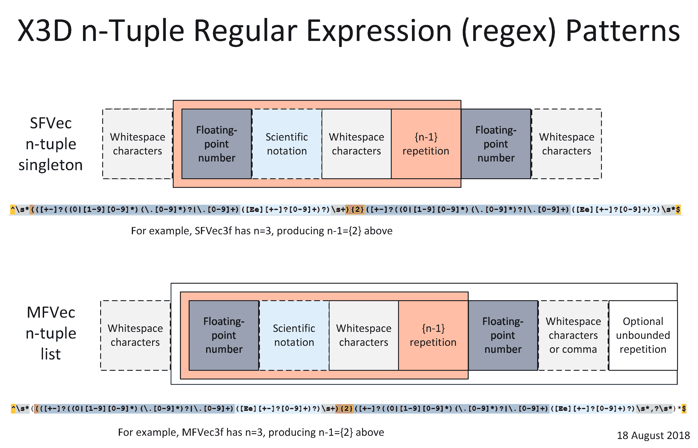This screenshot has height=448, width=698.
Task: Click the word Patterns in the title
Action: [623, 30]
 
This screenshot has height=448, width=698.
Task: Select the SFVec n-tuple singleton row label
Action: [51, 144]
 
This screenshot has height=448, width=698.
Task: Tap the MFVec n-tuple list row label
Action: [51, 333]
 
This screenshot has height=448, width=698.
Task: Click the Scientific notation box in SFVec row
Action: [287, 144]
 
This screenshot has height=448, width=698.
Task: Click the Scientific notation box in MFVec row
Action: [294, 335]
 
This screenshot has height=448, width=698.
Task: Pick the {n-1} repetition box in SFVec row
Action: [426, 144]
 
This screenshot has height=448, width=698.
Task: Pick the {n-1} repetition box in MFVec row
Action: [433, 335]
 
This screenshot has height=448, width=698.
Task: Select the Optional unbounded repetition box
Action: [643, 335]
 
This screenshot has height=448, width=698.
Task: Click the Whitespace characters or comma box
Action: [573, 335]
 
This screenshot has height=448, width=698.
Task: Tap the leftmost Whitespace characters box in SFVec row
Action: [137, 144]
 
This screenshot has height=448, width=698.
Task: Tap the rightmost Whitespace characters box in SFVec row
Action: [566, 144]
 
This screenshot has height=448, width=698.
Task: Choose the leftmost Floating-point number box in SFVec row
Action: [216, 144]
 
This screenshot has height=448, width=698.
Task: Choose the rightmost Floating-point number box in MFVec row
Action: [503, 335]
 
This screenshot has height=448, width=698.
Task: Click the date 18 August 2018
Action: [653, 436]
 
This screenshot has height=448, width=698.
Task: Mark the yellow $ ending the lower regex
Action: [684, 409]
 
